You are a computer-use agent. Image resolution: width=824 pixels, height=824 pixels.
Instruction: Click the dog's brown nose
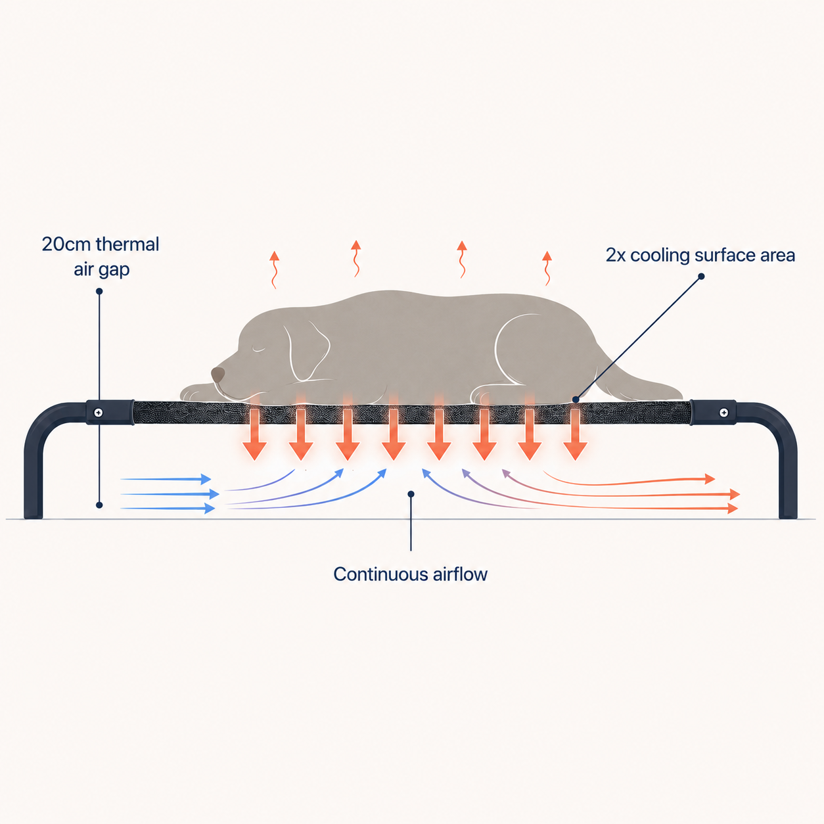point(217,375)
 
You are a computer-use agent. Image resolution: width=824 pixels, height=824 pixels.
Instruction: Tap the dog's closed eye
point(258,350)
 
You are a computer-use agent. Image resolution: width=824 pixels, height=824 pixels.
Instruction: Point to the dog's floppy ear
point(307,351)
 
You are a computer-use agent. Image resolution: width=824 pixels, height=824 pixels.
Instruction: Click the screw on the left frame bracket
point(99,413)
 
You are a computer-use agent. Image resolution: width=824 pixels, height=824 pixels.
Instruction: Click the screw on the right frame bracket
point(724,413)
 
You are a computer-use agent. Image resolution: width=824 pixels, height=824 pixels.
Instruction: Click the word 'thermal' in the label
point(127,244)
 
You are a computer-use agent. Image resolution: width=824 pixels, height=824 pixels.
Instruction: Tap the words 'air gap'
point(102,270)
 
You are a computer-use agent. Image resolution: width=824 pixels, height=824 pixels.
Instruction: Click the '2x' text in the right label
point(615,255)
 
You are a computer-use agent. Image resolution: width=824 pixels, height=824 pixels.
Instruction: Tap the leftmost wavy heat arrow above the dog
point(274,270)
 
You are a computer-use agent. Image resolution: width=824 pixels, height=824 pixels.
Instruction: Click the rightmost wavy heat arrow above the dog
point(547,268)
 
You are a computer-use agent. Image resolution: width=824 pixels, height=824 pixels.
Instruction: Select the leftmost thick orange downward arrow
point(255,434)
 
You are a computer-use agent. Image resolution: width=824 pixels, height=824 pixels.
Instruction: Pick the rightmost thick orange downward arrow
point(575,434)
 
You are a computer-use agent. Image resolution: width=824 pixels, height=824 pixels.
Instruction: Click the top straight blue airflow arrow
point(166,479)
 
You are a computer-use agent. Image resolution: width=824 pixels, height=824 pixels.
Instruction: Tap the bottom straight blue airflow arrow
point(168,509)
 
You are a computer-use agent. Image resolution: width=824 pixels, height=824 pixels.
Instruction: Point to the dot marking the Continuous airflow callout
point(411,494)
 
